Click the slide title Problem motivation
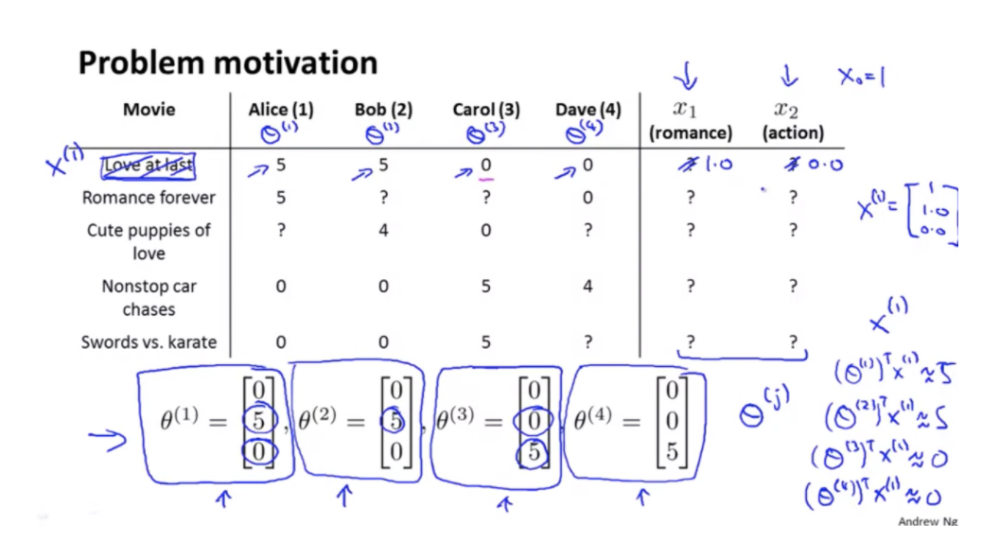coord(227,62)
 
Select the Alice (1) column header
coord(281,110)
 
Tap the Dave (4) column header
coord(587,110)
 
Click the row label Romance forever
coord(149,198)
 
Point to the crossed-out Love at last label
coord(149,166)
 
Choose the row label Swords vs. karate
coord(149,342)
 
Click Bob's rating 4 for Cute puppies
coord(383,230)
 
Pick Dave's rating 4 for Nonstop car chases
coord(587,286)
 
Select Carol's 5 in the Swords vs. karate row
coord(485,342)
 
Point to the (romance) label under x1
coord(691,133)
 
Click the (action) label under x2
coord(793,133)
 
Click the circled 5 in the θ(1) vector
coord(257,421)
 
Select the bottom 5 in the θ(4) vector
coord(671,452)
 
